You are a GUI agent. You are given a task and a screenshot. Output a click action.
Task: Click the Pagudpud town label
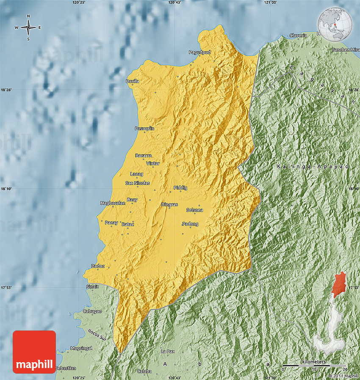(x=199, y=52)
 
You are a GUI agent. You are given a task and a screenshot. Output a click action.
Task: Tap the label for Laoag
(x=137, y=174)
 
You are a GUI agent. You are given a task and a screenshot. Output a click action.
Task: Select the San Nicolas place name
(x=138, y=183)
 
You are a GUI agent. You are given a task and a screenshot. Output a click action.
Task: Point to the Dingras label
(x=169, y=205)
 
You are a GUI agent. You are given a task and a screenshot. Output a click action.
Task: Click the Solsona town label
(x=195, y=210)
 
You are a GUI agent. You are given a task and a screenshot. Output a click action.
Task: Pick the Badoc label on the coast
(x=98, y=266)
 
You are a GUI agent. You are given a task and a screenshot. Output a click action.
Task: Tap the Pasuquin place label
(x=144, y=128)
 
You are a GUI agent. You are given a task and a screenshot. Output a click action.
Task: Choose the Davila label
(x=133, y=81)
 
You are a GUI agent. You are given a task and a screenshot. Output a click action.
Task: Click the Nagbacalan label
(x=113, y=203)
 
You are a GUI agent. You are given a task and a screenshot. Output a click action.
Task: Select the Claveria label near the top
(x=298, y=36)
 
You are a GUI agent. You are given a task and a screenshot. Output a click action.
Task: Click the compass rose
(x=28, y=28)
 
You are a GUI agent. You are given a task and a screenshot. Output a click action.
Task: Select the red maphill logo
(x=34, y=352)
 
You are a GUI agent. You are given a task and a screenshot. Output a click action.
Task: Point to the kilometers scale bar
(x=314, y=365)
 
